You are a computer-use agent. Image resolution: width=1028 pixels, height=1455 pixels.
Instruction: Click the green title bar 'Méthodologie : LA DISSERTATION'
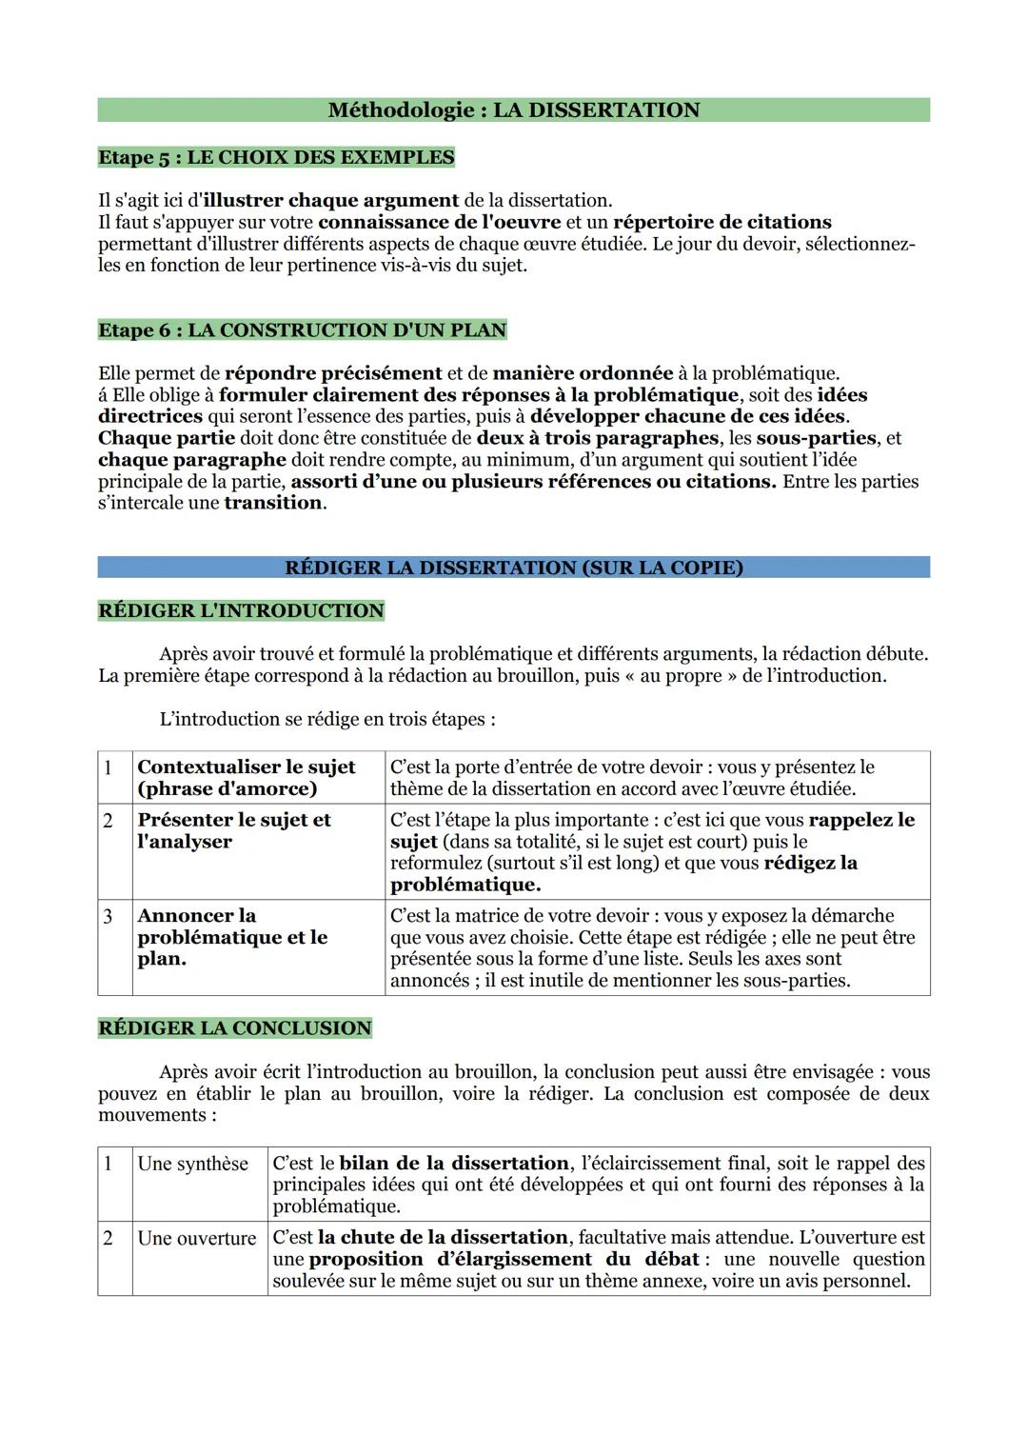513,110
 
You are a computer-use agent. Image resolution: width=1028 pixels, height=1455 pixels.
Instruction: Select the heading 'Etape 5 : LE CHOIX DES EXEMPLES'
276,157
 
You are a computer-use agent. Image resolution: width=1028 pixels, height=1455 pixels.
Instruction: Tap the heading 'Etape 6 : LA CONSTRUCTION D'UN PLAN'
302,330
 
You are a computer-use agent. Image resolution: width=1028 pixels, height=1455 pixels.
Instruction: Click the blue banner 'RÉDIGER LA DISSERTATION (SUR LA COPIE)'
513,568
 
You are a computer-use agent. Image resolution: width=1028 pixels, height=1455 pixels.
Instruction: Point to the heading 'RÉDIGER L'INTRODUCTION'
241,611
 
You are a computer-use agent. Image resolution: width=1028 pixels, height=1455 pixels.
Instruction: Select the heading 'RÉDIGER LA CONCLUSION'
234,1028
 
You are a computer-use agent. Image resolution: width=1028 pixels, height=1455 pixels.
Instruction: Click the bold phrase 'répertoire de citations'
722,222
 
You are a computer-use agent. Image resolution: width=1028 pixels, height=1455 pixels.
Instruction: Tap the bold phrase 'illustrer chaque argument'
330,201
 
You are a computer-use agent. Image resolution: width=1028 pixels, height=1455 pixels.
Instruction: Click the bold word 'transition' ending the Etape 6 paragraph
273,503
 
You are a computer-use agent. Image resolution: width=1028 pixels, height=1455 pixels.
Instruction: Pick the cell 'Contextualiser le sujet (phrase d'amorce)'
247,778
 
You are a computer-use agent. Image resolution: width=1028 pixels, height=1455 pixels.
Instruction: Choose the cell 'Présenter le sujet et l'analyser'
234,830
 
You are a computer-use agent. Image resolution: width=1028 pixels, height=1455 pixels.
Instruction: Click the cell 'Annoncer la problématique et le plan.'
232,937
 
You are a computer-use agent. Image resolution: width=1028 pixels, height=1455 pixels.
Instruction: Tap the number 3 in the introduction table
109,916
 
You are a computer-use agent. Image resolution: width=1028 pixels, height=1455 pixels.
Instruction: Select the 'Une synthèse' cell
193,1164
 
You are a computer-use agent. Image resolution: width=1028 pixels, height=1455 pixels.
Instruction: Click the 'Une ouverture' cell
197,1238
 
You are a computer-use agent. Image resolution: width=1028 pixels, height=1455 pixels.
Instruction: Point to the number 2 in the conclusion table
109,1238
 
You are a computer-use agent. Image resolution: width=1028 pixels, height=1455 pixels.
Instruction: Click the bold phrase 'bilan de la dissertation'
454,1164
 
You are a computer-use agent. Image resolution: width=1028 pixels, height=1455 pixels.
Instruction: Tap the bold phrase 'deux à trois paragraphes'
597,438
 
